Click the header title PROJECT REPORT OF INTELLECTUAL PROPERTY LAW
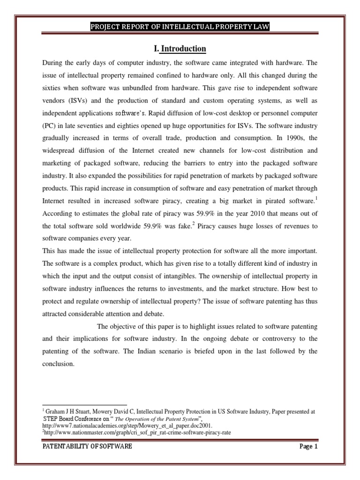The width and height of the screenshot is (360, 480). tap(180, 27)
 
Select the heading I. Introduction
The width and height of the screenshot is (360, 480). tap(180, 49)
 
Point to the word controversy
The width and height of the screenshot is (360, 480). tap(272, 338)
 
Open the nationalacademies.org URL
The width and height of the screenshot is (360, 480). tap(120, 426)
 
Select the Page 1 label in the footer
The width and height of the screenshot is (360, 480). tap(308, 447)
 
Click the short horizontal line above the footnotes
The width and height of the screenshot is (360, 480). tap(84, 405)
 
